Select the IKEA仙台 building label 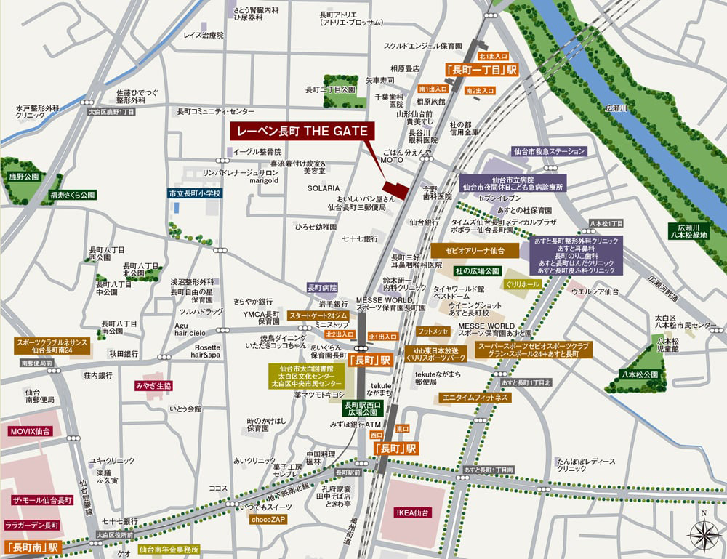pyautogui.click(x=413, y=512)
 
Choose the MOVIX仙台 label pyautogui.click(x=30, y=431)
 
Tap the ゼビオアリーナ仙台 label pyautogui.click(x=475, y=250)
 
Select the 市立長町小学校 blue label pyautogui.click(x=194, y=194)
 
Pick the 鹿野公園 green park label pyautogui.click(x=23, y=177)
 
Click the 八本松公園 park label pyautogui.click(x=640, y=374)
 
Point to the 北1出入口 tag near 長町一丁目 pyautogui.click(x=493, y=56)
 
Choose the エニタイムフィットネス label pyautogui.click(x=475, y=398)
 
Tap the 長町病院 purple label pyautogui.click(x=322, y=287)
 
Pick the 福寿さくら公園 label pyautogui.click(x=73, y=196)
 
